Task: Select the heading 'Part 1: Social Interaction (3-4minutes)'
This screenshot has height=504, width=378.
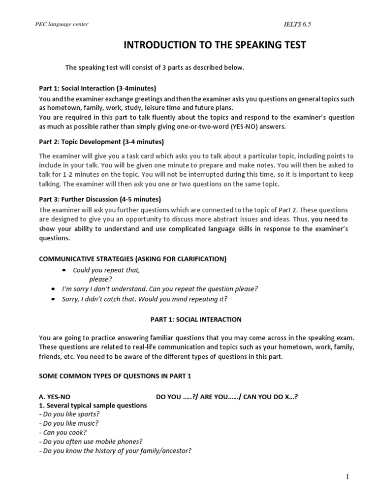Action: point(97,89)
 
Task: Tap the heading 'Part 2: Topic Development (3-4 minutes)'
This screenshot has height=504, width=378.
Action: point(101,142)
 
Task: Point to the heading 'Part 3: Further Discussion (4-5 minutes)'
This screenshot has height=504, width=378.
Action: point(100,199)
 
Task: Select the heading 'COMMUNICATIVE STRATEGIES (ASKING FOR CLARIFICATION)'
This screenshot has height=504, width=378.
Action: point(133,259)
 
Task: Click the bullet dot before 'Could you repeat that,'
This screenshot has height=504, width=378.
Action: point(64,271)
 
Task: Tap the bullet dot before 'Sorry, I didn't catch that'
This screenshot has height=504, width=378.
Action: point(53,299)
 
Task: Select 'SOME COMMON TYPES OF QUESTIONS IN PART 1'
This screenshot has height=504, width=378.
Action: point(115,376)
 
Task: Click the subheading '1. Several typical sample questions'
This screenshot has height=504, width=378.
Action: point(93,406)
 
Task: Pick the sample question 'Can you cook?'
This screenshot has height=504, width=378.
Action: point(62,432)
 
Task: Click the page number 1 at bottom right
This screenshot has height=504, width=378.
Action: point(347,477)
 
